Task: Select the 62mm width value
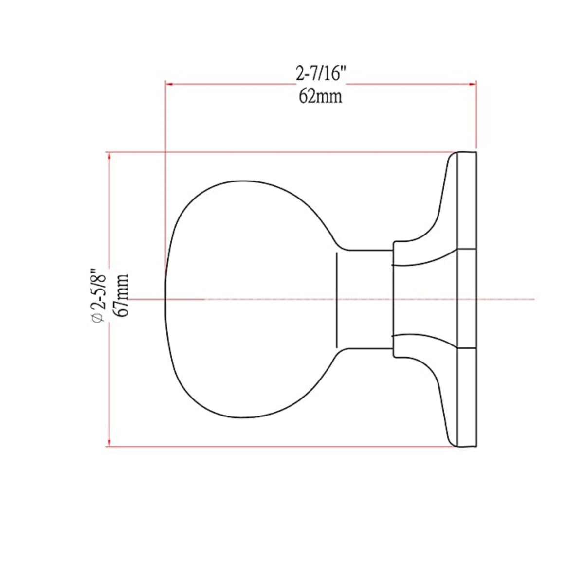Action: pos(320,96)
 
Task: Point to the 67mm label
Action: pos(122,295)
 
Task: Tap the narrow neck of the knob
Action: pos(365,299)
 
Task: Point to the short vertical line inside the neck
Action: pos(337,299)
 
